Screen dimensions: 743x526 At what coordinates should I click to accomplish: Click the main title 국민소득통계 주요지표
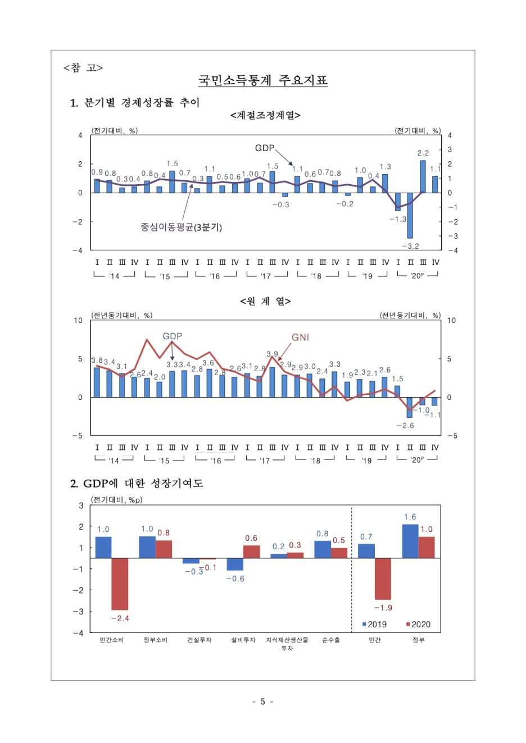[262, 80]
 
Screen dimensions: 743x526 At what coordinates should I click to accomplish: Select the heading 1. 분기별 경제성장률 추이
[135, 103]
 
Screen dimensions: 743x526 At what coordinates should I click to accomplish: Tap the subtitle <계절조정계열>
[265, 115]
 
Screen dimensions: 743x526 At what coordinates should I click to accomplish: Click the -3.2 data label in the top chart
[410, 246]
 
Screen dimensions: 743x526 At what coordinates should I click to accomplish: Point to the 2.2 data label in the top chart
[423, 153]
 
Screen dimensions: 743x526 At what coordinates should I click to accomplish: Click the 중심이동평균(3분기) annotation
[181, 227]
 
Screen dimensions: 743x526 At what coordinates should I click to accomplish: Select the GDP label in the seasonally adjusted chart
[265, 148]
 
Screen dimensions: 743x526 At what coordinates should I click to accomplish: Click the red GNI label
[300, 338]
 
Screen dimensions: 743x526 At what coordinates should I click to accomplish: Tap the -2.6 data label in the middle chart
[405, 426]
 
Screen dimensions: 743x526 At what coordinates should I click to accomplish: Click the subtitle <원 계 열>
[265, 302]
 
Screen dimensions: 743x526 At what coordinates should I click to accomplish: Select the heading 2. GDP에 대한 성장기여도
[137, 484]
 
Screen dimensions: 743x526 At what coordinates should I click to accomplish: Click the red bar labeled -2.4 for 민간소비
[120, 584]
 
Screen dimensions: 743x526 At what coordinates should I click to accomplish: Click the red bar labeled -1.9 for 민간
[383, 578]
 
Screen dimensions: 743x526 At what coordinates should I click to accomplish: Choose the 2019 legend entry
[374, 625]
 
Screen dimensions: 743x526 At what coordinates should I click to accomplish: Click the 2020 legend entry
[418, 625]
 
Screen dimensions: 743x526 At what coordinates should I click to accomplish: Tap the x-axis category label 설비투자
[243, 640]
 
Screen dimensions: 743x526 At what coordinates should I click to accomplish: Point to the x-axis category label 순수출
[331, 640]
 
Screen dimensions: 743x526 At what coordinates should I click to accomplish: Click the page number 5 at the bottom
[262, 701]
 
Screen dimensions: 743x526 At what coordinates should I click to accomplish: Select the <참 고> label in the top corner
[83, 68]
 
